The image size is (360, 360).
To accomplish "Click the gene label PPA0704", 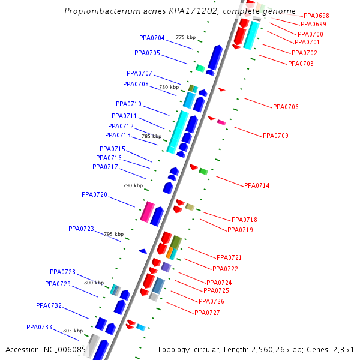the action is tap(152, 38).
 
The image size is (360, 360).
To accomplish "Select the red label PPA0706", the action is tap(286, 107).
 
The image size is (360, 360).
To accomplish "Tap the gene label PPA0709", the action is tap(275, 136).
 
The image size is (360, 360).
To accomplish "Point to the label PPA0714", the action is tap(257, 185).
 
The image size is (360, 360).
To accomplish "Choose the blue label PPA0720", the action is tap(94, 194).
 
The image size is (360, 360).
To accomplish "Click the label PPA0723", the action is tap(81, 229).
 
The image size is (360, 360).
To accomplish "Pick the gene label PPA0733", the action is tap(39, 327).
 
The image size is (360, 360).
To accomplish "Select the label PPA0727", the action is tap(207, 313).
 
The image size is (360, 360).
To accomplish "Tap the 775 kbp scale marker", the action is tap(186, 38).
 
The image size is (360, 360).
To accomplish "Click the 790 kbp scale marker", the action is tap(133, 186).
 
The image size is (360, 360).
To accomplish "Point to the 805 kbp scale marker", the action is tap(73, 331).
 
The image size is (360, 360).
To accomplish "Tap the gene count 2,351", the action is tap(343, 349).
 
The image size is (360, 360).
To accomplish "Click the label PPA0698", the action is tap(316, 16).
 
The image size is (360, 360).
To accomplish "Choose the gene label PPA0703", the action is tap(301, 64).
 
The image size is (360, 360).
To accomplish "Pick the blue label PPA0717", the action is tap(105, 167).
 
